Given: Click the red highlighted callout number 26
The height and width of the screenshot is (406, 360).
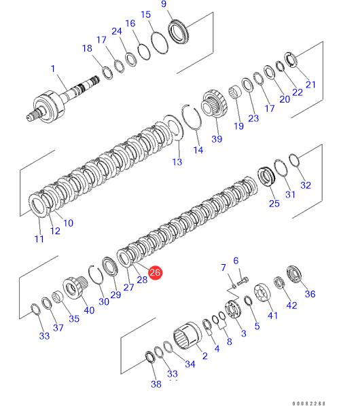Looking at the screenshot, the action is tap(155, 272).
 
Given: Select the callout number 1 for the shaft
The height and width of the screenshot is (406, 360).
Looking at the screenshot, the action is tap(53, 69).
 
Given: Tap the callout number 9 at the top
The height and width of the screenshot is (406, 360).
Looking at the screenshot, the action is tap(164, 4).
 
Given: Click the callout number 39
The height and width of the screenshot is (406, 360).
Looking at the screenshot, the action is tap(217, 139).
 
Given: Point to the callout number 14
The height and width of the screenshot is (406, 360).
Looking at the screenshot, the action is tap(198, 150).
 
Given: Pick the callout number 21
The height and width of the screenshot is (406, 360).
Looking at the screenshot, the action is tap(310, 85).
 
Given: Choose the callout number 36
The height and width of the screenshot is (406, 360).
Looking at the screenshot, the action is tap(310, 294).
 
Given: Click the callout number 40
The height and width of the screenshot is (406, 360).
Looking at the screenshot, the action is tap(89, 310).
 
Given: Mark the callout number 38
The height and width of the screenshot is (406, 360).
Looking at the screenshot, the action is tap(156, 384).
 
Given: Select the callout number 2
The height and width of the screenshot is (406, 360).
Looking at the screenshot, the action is tap(205, 356).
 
